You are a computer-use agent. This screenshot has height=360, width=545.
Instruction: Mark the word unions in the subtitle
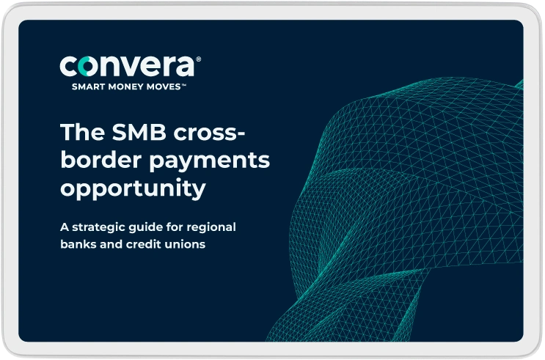[x=184, y=244]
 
